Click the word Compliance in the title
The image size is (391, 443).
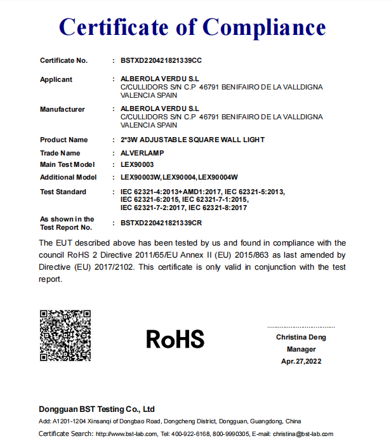(x=264, y=27)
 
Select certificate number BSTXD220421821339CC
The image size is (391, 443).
(x=161, y=60)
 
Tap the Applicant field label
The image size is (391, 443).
(x=56, y=79)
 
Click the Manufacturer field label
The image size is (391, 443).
(x=62, y=109)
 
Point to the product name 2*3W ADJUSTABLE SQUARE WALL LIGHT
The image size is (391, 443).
(x=192, y=140)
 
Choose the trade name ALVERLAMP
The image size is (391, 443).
(x=142, y=153)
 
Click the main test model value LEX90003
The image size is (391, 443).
(x=137, y=165)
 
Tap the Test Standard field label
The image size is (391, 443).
(x=63, y=192)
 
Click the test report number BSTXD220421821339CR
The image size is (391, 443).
(x=161, y=223)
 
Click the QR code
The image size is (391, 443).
(x=65, y=335)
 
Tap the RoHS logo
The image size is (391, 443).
(x=175, y=339)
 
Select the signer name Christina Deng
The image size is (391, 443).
(x=301, y=337)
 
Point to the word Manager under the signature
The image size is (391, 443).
(x=301, y=349)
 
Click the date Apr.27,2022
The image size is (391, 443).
(x=301, y=361)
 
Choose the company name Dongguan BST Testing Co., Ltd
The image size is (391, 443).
(x=96, y=409)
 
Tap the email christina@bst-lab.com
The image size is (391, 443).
(x=303, y=434)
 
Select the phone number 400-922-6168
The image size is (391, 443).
(x=192, y=434)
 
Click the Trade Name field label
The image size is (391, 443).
(x=60, y=153)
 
